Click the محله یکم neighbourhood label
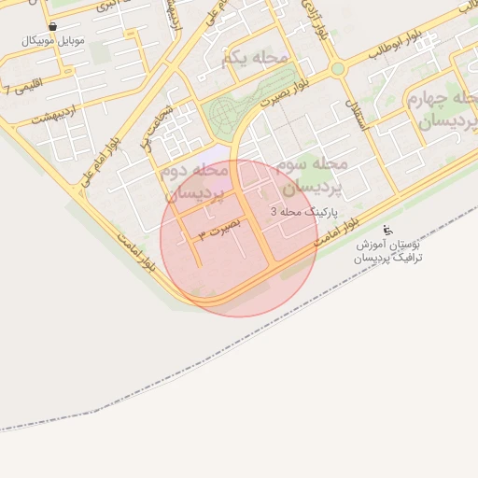(x=255, y=59)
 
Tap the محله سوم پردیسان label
(x=311, y=174)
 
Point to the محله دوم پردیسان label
(x=196, y=182)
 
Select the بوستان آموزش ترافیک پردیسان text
(x=389, y=250)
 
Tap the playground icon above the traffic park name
(x=389, y=230)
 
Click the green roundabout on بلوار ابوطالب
(x=337, y=68)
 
